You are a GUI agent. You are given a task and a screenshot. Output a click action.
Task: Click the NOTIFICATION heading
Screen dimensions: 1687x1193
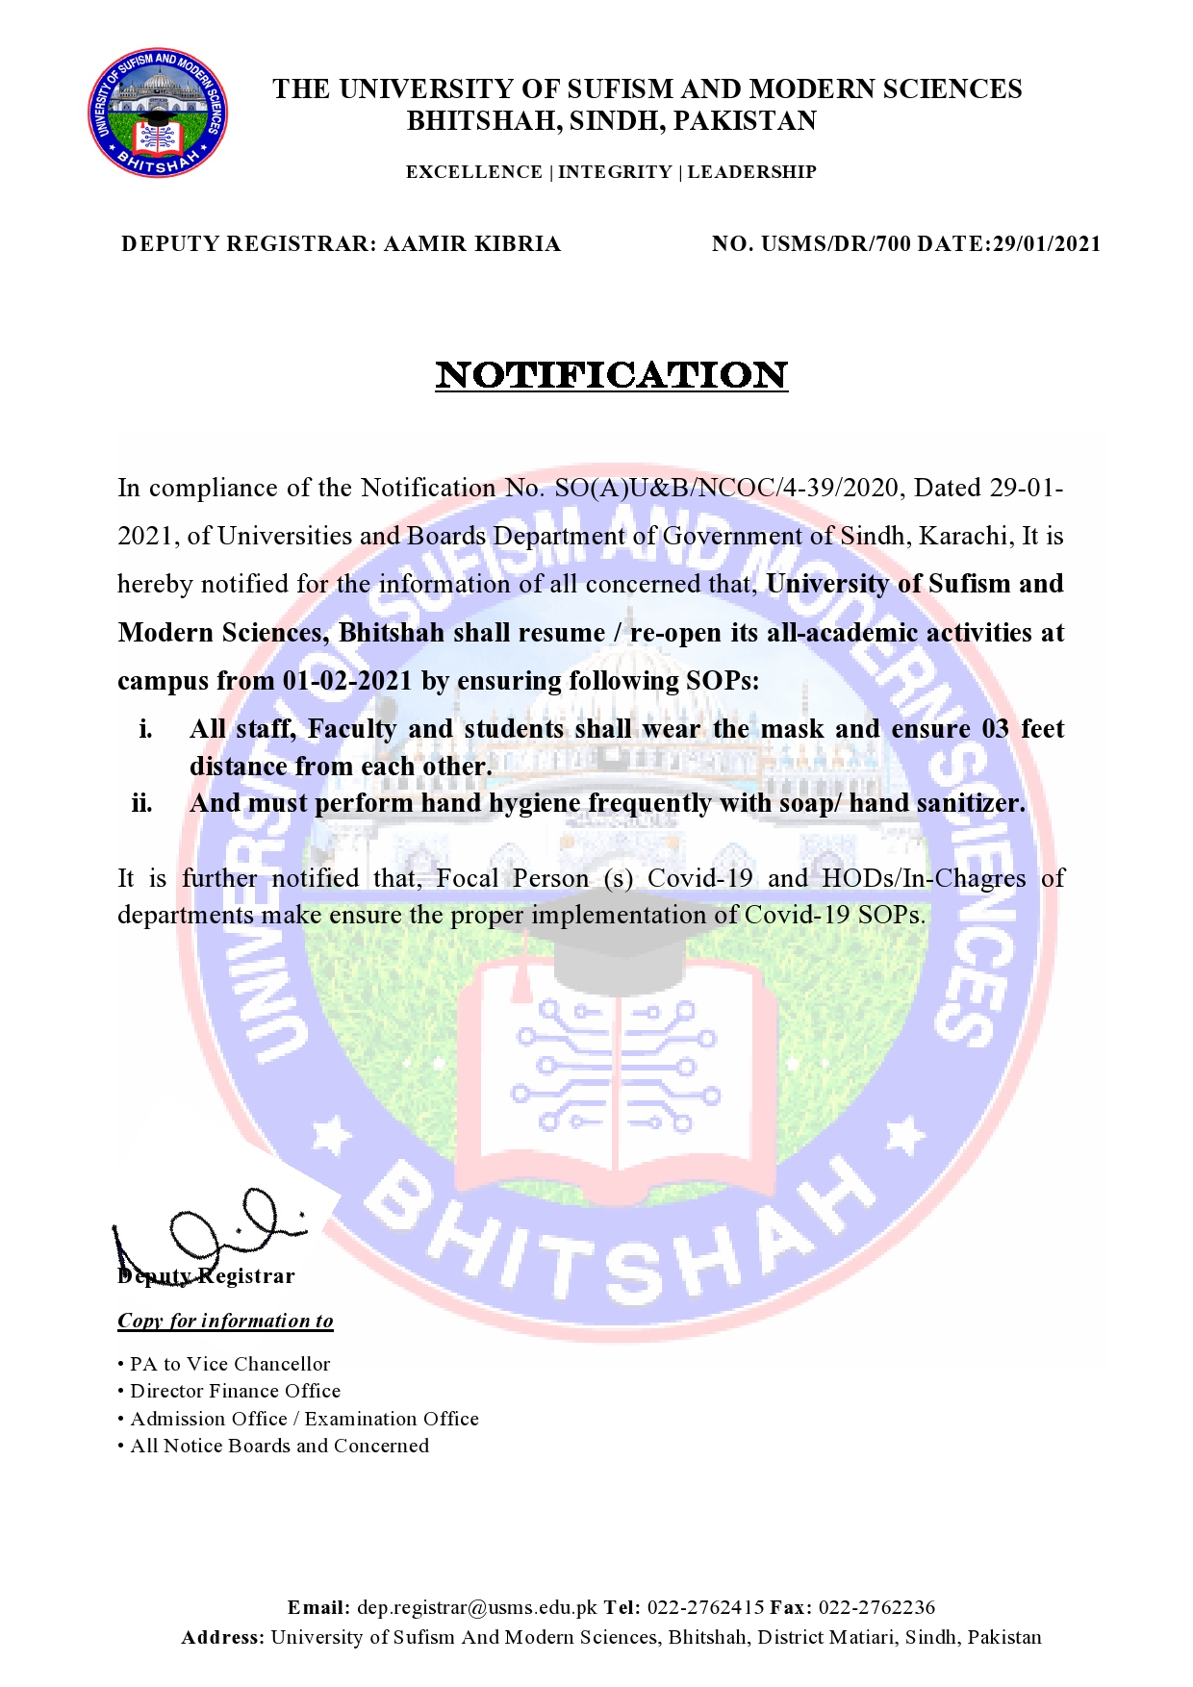pyautogui.click(x=612, y=375)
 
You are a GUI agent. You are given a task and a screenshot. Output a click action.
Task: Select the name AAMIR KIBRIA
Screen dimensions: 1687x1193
pyautogui.click(x=471, y=244)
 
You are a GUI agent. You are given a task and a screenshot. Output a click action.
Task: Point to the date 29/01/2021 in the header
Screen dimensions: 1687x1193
pyautogui.click(x=1047, y=244)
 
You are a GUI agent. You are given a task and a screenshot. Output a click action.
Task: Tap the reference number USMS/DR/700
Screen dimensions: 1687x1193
pyautogui.click(x=835, y=244)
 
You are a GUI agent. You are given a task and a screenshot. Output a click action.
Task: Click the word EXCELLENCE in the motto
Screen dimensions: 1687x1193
pyautogui.click(x=473, y=172)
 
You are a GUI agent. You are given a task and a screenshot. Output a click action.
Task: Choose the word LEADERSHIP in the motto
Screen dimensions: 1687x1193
pyautogui.click(x=751, y=172)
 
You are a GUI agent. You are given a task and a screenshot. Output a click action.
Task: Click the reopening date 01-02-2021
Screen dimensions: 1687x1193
pyautogui.click(x=346, y=681)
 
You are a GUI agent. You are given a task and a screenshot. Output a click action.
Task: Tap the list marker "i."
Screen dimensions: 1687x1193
pyautogui.click(x=145, y=729)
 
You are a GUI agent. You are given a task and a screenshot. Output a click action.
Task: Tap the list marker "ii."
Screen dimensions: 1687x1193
pyautogui.click(x=141, y=803)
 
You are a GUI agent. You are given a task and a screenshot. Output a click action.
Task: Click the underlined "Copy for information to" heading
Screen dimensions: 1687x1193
pyautogui.click(x=225, y=1321)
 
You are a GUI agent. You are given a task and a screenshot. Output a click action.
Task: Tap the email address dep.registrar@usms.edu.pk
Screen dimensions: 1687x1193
pyautogui.click(x=477, y=1607)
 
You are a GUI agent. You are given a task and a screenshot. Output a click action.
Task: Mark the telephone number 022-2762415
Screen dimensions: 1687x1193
pyautogui.click(x=705, y=1607)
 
